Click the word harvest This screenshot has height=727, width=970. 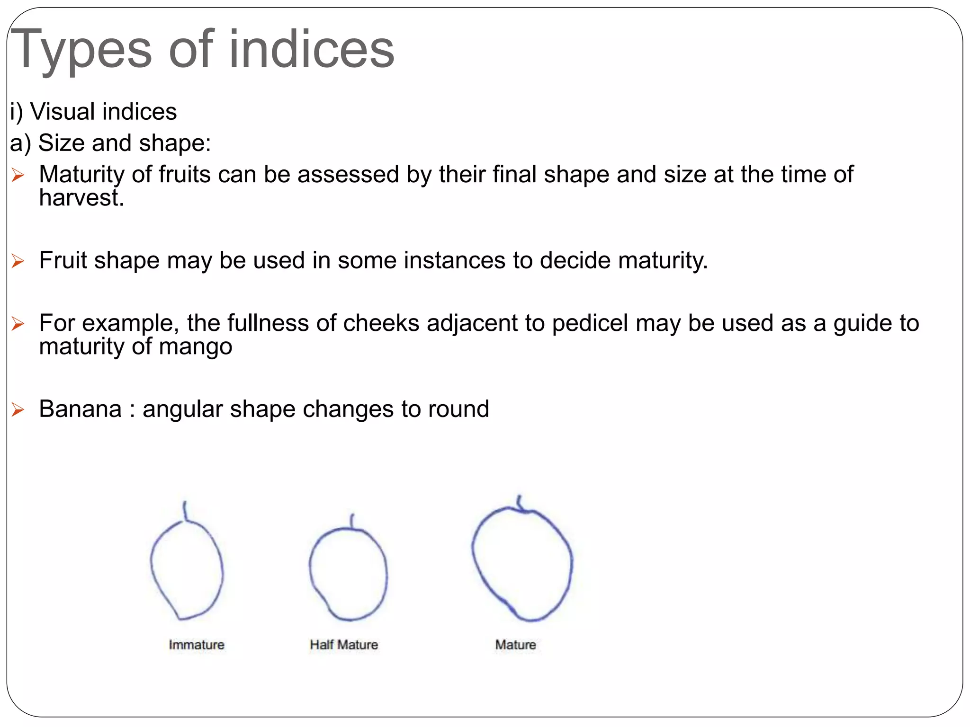click(81, 198)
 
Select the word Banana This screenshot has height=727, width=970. click(80, 409)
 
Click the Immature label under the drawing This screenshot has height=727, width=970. click(197, 645)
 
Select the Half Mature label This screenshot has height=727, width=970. click(344, 645)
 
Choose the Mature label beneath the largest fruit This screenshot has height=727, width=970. click(515, 645)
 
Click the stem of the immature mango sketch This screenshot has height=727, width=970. click(185, 511)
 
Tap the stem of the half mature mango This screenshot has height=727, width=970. click(352, 521)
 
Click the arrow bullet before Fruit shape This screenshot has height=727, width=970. click(18, 261)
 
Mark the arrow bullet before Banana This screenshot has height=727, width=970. click(18, 409)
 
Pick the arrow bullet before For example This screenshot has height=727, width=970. click(18, 324)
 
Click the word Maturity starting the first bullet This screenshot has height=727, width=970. click(81, 175)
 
